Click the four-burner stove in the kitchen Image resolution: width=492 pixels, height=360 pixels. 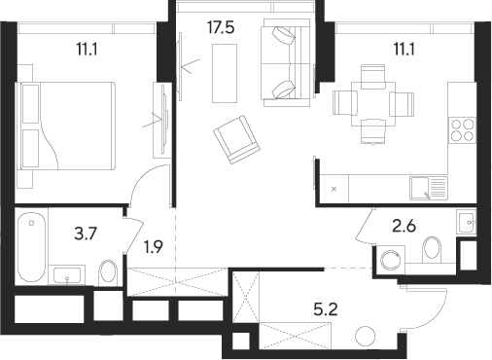[x=461, y=130]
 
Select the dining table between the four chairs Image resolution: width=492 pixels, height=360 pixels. [x=373, y=99]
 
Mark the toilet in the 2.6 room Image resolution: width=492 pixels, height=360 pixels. [x=436, y=250]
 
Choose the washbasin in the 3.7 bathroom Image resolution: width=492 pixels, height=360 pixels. [x=67, y=274]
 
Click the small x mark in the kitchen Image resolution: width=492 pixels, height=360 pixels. [x=334, y=188]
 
